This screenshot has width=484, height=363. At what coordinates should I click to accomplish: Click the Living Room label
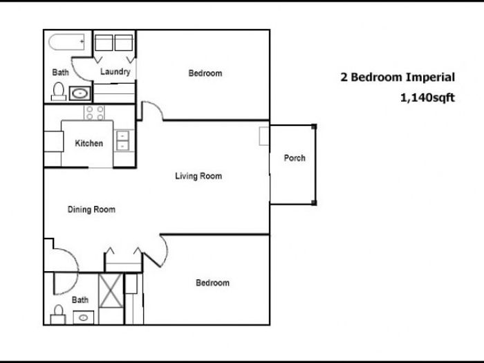(198, 176)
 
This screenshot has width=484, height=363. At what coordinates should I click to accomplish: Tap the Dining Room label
(91, 210)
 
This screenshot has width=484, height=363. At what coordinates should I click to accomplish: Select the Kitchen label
(89, 143)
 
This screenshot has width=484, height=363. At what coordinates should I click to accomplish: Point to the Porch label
(295, 158)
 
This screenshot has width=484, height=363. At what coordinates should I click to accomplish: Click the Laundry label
(115, 72)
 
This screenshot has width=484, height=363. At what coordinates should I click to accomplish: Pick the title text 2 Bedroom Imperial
(398, 77)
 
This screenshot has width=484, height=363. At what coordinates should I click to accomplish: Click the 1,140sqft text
(427, 98)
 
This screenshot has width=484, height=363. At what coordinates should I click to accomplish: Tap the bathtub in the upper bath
(66, 42)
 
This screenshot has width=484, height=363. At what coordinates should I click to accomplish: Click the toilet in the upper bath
(59, 91)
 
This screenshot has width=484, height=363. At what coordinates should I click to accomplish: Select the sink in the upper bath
(80, 93)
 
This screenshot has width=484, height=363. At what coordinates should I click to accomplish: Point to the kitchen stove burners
(95, 113)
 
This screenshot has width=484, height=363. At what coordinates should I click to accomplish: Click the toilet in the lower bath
(58, 315)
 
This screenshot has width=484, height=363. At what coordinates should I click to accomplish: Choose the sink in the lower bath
(84, 317)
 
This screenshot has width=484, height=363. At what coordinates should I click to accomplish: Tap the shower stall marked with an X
(111, 290)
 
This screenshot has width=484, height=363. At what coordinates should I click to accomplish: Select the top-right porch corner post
(314, 127)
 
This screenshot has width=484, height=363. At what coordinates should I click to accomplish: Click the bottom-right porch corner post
(314, 203)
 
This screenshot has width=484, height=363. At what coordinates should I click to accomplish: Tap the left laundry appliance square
(104, 43)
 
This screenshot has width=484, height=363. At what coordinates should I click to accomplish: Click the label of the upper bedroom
(205, 73)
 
